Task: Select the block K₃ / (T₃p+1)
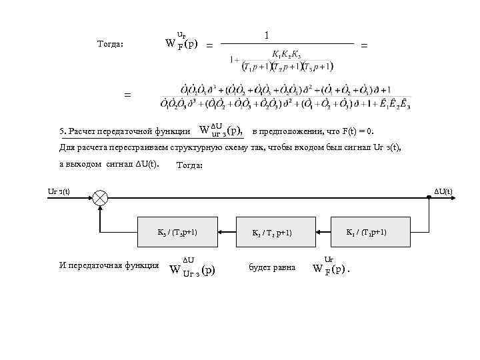(177, 232)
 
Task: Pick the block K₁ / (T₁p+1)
(365, 232)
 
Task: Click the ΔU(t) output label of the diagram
(443, 192)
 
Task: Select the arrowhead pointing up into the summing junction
(100, 207)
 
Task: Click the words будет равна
(272, 267)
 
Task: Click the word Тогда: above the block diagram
(191, 165)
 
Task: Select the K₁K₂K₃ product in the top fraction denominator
(286, 53)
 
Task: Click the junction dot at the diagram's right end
(429, 197)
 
